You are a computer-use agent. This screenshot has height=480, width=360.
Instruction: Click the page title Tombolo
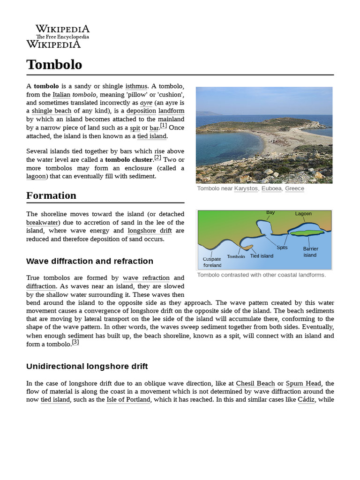pyautogui.click(x=54, y=64)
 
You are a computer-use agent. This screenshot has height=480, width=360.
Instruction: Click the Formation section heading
pyautogui.click(x=51, y=195)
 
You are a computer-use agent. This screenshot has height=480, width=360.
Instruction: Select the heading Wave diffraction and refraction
pyautogui.click(x=90, y=261)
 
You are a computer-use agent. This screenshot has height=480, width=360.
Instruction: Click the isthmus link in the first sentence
pyautogui.click(x=136, y=86)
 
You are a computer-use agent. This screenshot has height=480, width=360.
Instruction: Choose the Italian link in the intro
pyautogui.click(x=61, y=94)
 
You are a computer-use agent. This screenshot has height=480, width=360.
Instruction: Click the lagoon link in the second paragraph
pyautogui.click(x=36, y=176)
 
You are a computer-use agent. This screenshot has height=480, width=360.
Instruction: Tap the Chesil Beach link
pyautogui.click(x=255, y=383)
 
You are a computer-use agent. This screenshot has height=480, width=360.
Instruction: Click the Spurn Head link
pyautogui.click(x=304, y=383)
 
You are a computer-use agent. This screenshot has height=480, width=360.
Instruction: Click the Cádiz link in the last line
pyautogui.click(x=306, y=400)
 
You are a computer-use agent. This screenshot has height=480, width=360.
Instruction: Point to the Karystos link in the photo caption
pyautogui.click(x=246, y=188)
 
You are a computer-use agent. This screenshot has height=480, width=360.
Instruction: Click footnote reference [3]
pyautogui.click(x=75, y=342)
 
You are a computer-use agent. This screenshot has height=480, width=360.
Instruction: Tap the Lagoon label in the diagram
pyautogui.click(x=303, y=214)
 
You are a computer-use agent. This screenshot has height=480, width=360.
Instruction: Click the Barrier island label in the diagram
pyautogui.click(x=310, y=252)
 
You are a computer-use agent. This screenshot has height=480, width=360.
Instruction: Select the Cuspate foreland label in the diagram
pyautogui.click(x=212, y=262)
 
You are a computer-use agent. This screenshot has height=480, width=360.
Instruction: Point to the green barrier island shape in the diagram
pyautogui.click(x=307, y=232)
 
